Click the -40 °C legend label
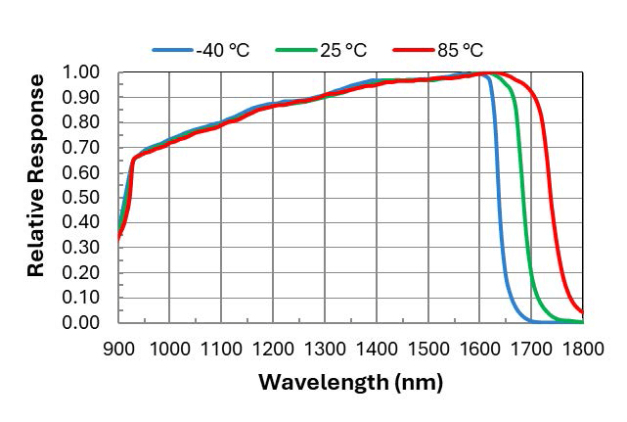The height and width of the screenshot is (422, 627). click(223, 49)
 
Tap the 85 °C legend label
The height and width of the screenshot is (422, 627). click(457, 49)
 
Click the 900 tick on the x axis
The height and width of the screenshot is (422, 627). click(117, 347)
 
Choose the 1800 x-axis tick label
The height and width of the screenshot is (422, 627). click(583, 347)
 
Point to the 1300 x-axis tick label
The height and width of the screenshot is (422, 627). click(325, 347)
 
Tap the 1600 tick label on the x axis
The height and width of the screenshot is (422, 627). click(479, 347)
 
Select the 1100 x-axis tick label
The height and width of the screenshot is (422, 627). click(221, 347)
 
